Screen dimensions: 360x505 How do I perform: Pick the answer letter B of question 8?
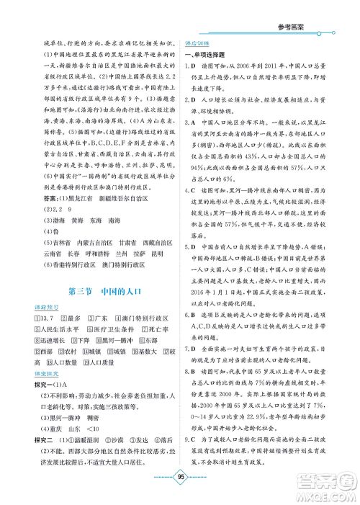coord(197,388)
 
